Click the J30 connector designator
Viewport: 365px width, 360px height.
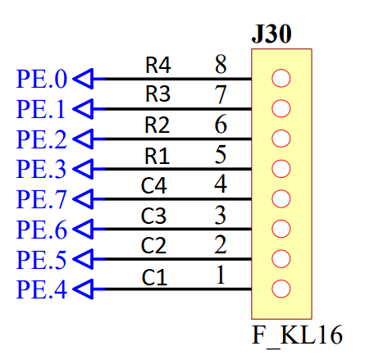271,34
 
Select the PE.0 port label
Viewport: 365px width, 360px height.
42,79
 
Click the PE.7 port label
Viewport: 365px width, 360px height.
42,199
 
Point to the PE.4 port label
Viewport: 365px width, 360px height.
42,289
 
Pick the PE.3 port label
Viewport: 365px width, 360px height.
42,169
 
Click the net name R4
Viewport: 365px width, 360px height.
158,65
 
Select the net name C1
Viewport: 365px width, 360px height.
154,277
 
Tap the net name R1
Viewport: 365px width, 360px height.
157,156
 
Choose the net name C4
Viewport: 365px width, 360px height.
154,185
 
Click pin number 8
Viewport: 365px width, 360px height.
221,65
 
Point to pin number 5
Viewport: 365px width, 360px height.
221,155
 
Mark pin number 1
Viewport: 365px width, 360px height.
221,275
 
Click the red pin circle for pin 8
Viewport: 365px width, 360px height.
281,79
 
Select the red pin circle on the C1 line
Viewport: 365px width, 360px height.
281,289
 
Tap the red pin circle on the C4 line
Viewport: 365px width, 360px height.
281,198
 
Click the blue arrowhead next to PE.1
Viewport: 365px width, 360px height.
84,109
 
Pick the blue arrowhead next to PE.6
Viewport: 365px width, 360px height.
84,229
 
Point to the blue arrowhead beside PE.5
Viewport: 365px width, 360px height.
84,259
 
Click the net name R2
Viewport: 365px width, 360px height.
157,125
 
